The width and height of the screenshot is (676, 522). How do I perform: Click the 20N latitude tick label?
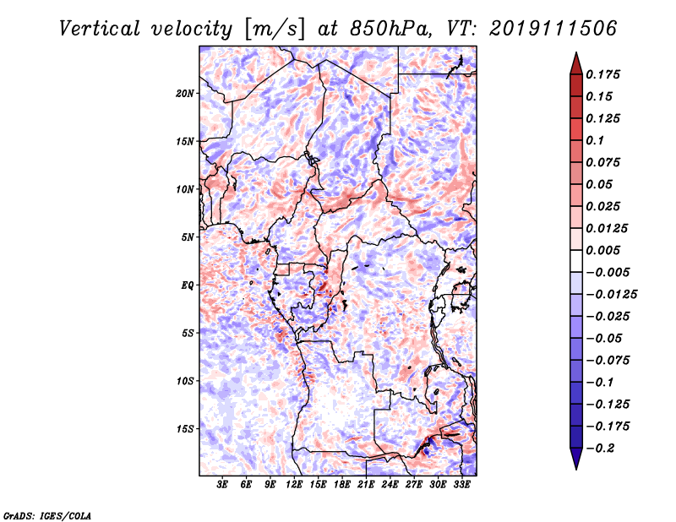tap(184, 94)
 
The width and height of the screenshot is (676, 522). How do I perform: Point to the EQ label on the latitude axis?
tap(187, 285)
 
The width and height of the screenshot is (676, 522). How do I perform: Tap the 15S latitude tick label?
tap(184, 429)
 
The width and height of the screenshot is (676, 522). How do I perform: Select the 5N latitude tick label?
tap(187, 237)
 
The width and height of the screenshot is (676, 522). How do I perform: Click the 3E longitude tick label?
tap(222, 484)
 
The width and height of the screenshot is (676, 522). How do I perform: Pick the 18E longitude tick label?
tap(342, 484)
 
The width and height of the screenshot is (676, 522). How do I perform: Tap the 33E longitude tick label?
tap(461, 484)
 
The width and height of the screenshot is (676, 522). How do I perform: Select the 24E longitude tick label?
tap(390, 484)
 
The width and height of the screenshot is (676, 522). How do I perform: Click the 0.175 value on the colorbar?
tap(602, 74)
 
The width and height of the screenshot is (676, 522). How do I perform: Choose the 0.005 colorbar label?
tap(602, 250)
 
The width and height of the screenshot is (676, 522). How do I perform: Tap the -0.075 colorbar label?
tap(608, 361)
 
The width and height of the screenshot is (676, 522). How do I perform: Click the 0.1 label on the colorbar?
tap(595, 140)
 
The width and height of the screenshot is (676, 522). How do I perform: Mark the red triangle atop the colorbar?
tap(576, 63)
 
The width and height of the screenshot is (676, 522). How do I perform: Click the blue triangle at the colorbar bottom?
tap(576, 459)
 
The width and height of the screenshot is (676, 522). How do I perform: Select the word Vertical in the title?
tap(100, 29)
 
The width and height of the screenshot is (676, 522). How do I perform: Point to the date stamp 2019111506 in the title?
tap(553, 29)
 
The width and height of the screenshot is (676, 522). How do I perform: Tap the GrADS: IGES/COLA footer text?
tap(47, 515)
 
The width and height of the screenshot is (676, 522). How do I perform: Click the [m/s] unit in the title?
tap(275, 30)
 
